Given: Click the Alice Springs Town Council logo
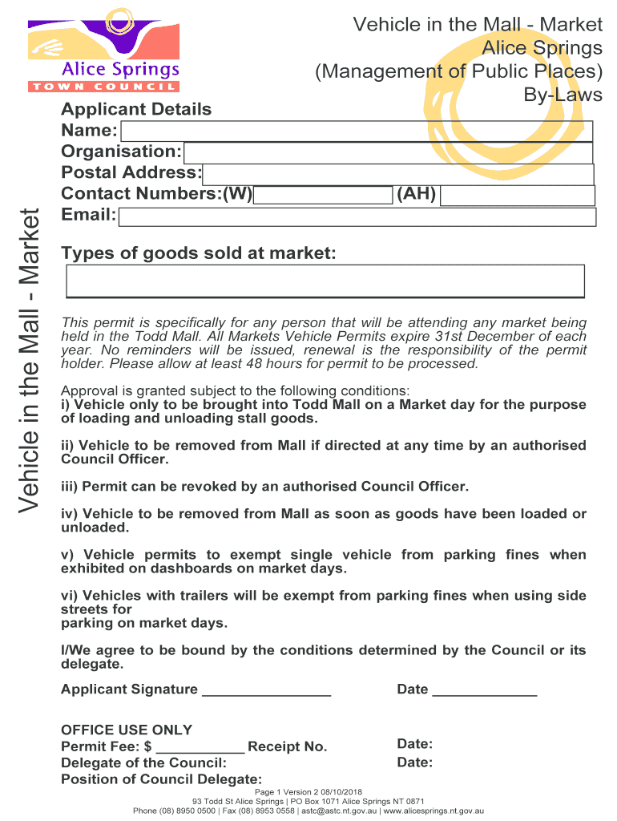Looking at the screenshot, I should click(x=103, y=49).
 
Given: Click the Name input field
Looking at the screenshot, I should click(x=356, y=131).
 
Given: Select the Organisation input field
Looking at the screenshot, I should click(x=388, y=152).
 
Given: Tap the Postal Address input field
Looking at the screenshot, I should click(x=398, y=174).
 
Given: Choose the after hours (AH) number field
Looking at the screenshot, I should click(x=518, y=196).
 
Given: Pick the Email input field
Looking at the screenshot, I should click(x=357, y=216).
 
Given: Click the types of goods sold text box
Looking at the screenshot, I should click(x=325, y=281).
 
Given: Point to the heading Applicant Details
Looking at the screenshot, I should click(x=136, y=110).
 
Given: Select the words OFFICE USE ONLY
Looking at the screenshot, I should click(x=127, y=730).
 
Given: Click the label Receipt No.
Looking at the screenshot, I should click(x=288, y=747).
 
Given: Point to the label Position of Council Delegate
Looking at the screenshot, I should click(x=161, y=779).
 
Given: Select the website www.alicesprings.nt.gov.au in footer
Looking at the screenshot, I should click(x=434, y=811).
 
